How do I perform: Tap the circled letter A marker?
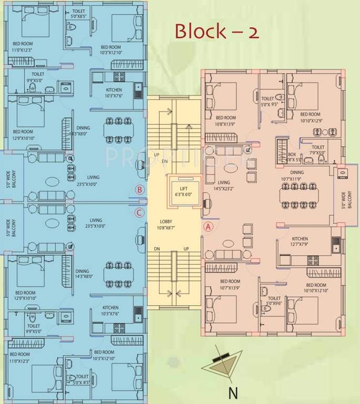click(x=208, y=227)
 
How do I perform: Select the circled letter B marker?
click(x=139, y=190)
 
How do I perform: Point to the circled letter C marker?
click(x=139, y=213)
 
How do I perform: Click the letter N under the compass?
click(x=232, y=392)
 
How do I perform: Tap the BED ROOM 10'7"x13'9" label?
click(x=227, y=285)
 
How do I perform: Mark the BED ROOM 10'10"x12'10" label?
click(x=315, y=287)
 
